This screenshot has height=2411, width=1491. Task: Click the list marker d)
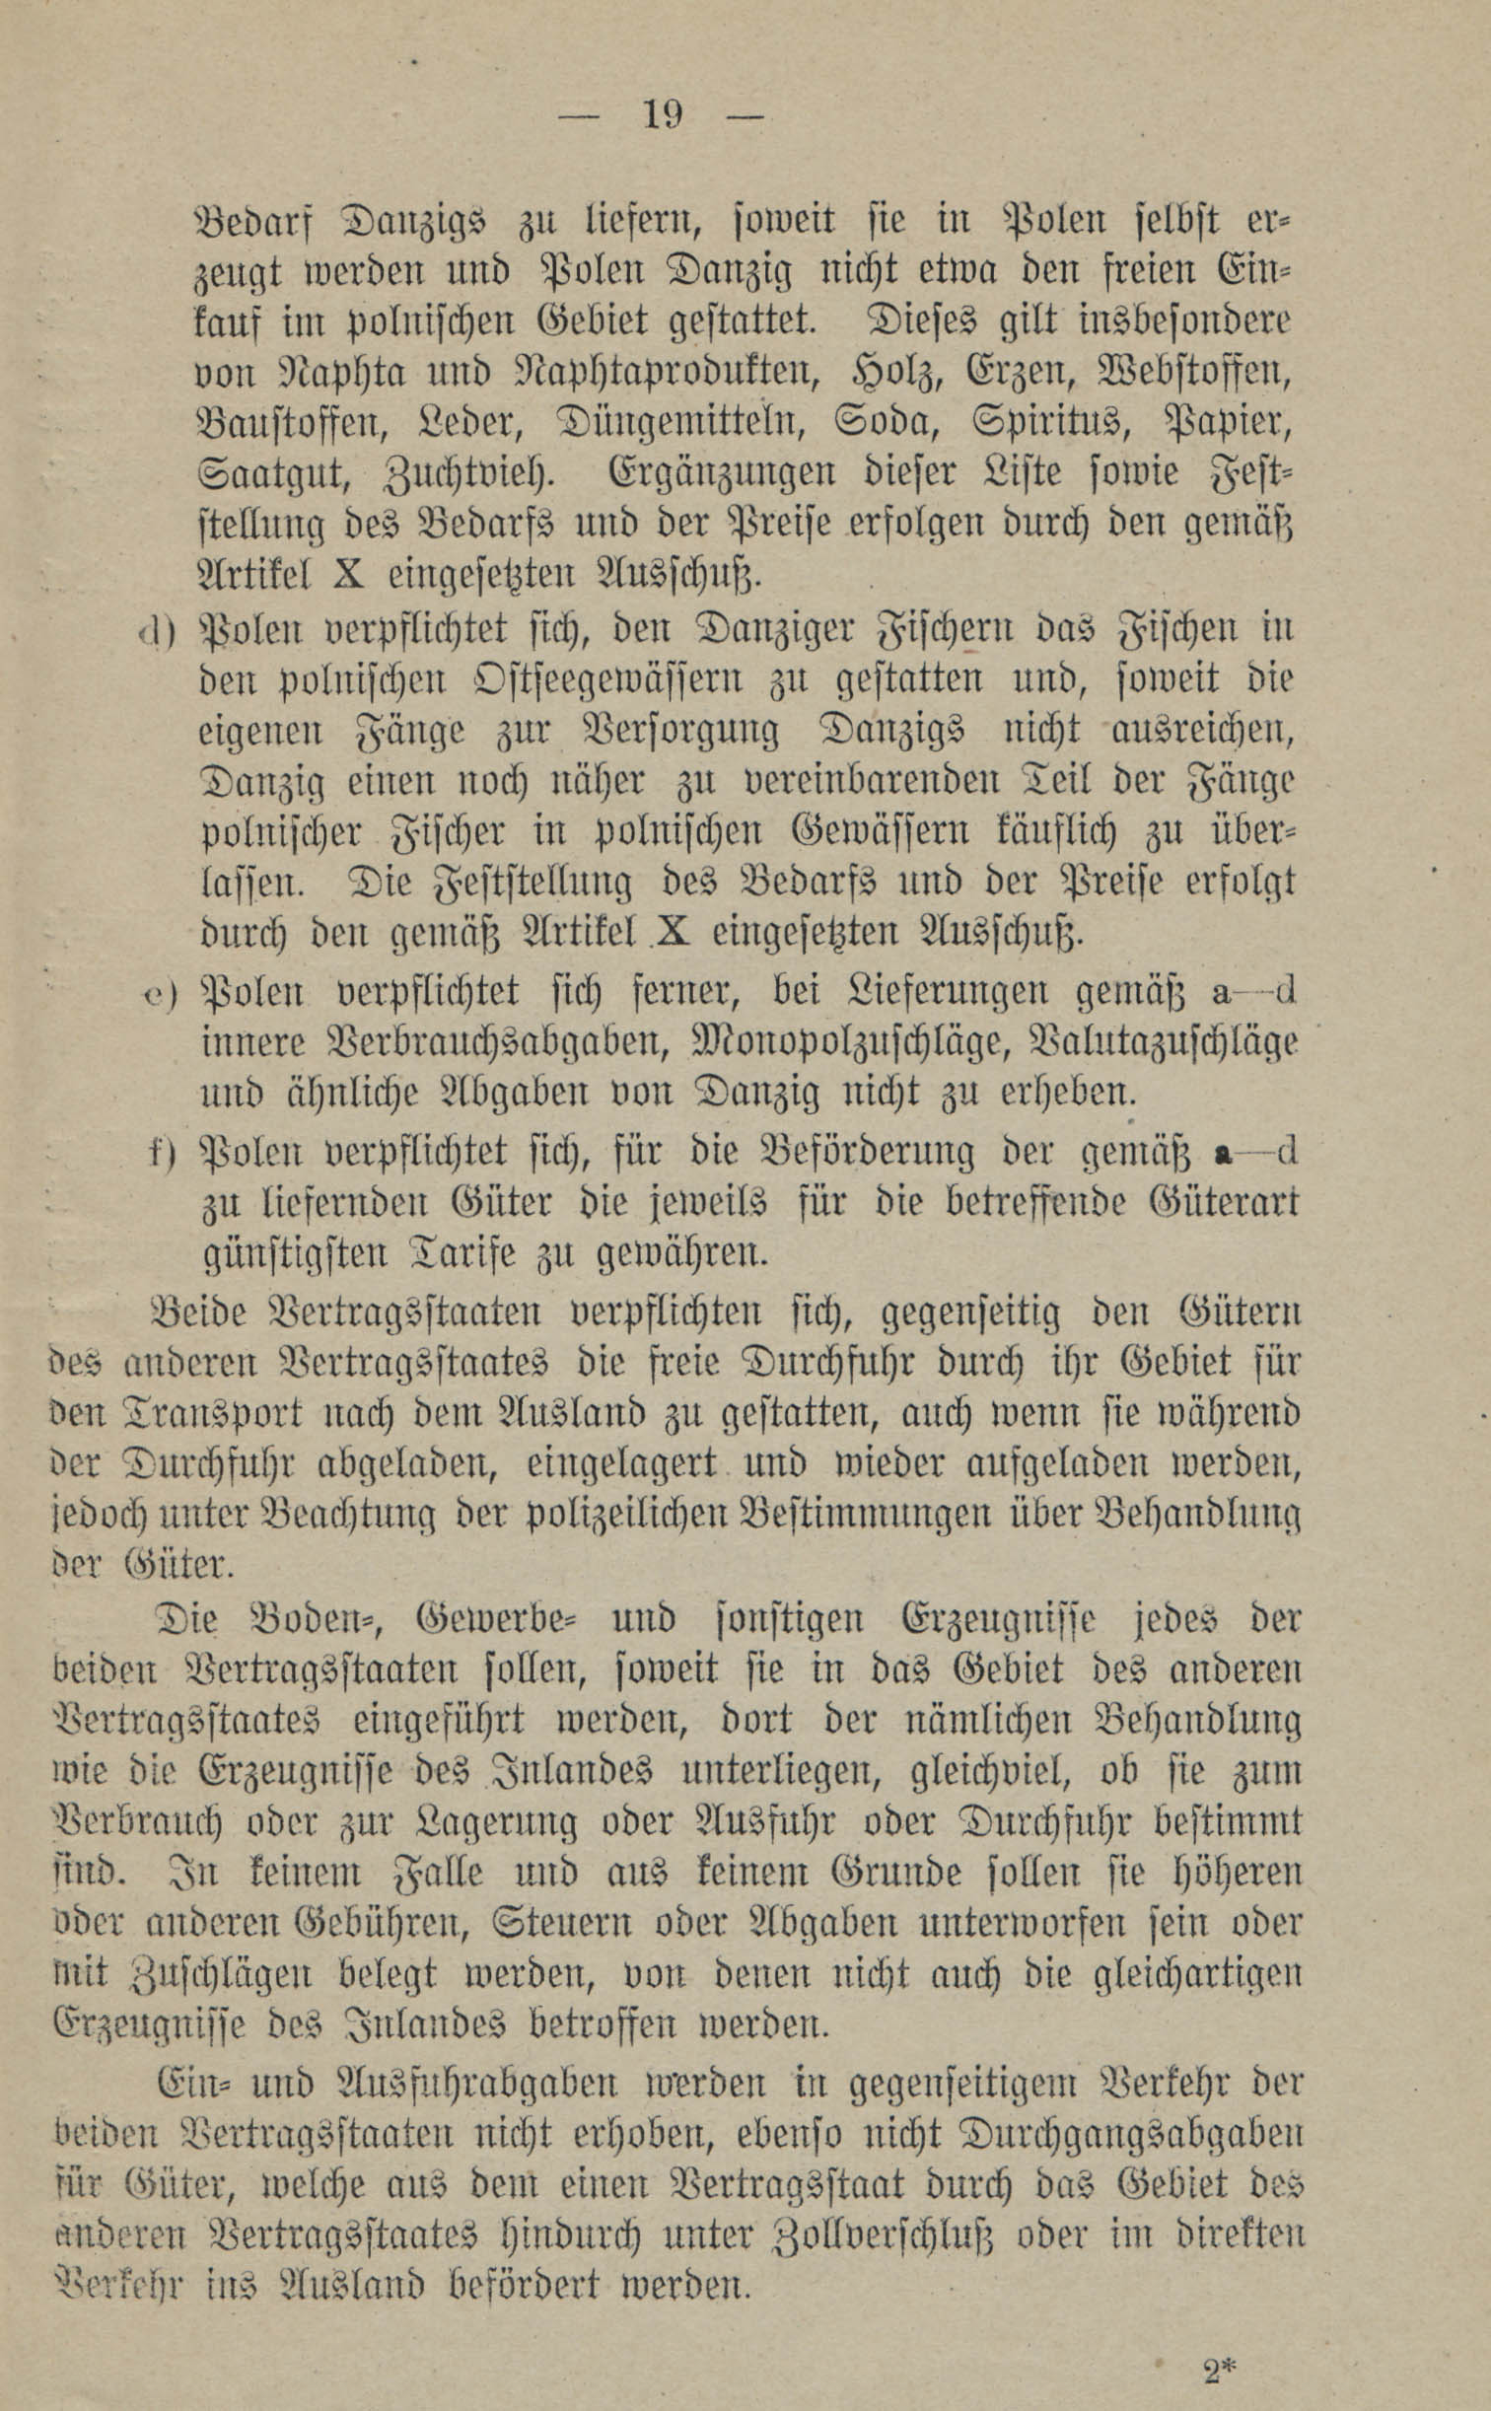click(156, 630)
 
